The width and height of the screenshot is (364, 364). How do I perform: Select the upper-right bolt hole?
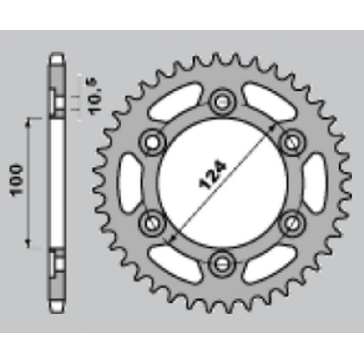pyautogui.click(x=292, y=141)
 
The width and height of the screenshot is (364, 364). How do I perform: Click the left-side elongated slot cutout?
pyautogui.click(x=131, y=181)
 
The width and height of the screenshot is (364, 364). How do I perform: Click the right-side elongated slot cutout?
pyautogui.click(x=314, y=181)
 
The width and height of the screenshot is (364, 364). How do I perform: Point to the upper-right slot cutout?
pyautogui.click(x=268, y=101)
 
